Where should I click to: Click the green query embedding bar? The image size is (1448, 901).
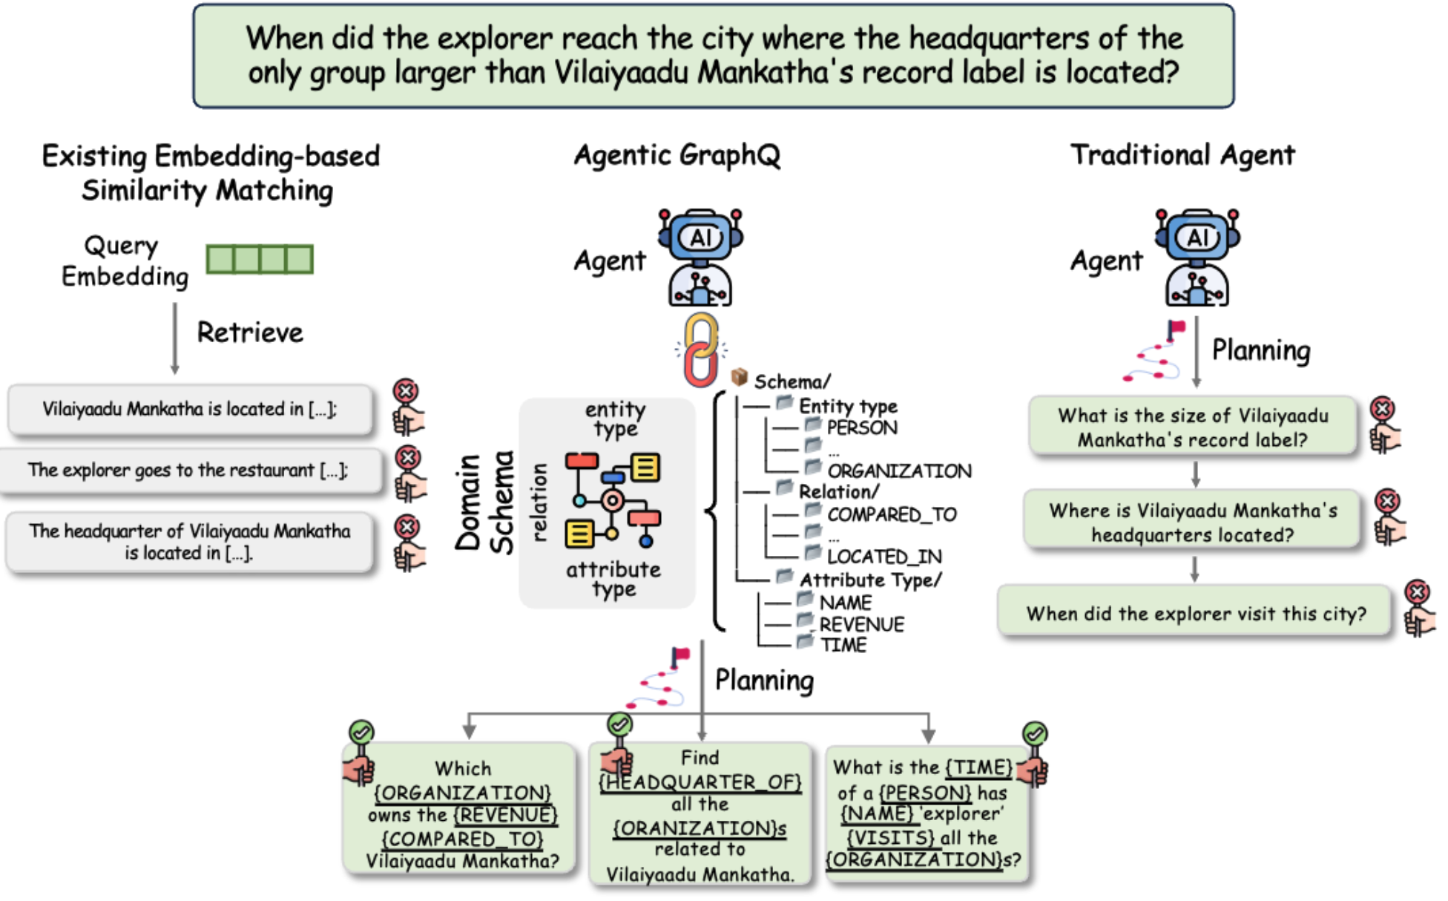tap(260, 260)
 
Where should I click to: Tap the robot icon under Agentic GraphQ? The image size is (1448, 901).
tap(700, 257)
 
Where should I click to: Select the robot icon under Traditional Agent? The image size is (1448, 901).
tap(1197, 257)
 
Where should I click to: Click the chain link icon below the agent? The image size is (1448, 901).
tap(700, 350)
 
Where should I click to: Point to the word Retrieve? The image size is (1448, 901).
tap(250, 332)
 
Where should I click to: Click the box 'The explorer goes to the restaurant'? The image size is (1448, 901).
tap(188, 471)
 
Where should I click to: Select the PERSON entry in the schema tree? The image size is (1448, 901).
tap(861, 427)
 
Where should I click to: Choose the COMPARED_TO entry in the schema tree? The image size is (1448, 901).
tap(891, 514)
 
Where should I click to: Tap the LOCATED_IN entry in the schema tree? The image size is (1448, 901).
tap(883, 556)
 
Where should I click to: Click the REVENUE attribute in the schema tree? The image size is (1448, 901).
tap(861, 624)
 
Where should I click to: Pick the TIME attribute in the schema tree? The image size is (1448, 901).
tap(843, 645)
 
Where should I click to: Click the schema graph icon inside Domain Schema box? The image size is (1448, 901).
tap(613, 499)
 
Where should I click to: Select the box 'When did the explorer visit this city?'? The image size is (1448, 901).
tap(1194, 613)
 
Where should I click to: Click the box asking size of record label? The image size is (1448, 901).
tap(1192, 427)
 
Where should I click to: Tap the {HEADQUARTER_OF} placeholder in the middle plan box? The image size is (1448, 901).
tap(700, 782)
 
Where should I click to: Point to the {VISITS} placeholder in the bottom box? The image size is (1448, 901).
tap(891, 837)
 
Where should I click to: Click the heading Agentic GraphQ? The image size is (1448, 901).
tap(677, 155)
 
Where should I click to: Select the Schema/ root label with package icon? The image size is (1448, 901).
tap(791, 381)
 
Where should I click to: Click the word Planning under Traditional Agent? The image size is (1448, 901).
tap(1260, 350)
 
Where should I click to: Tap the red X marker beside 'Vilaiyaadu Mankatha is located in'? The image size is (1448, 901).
tap(406, 391)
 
